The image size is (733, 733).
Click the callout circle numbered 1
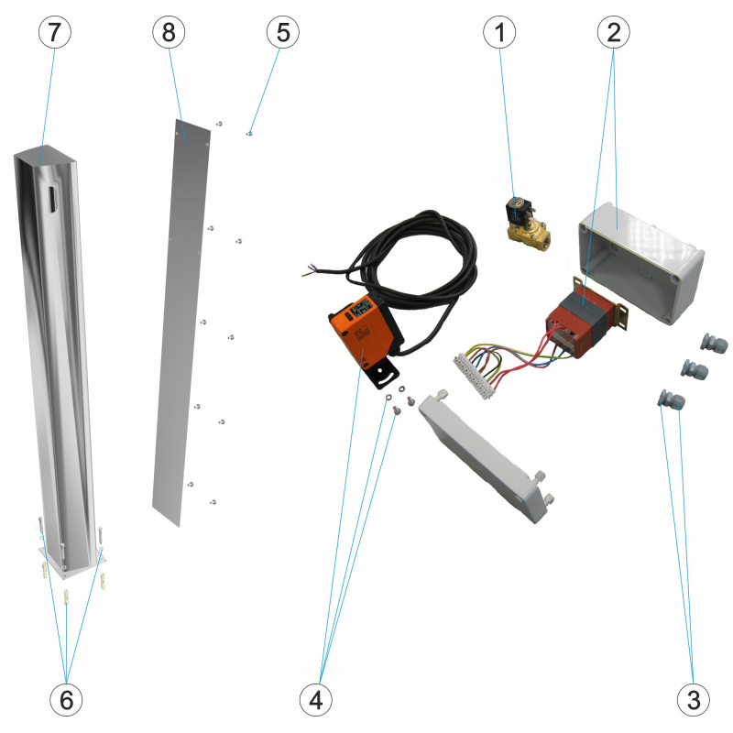(500, 32)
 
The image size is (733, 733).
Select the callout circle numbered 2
(614, 32)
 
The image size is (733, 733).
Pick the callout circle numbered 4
(316, 701)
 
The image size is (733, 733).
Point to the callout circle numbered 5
(282, 32)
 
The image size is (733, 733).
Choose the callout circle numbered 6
(65, 701)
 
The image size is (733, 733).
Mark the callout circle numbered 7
(54, 32)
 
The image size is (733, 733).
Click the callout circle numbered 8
(169, 32)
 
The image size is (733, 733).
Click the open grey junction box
(641, 261)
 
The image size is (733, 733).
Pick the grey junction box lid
(486, 454)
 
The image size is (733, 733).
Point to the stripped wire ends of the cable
(308, 272)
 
